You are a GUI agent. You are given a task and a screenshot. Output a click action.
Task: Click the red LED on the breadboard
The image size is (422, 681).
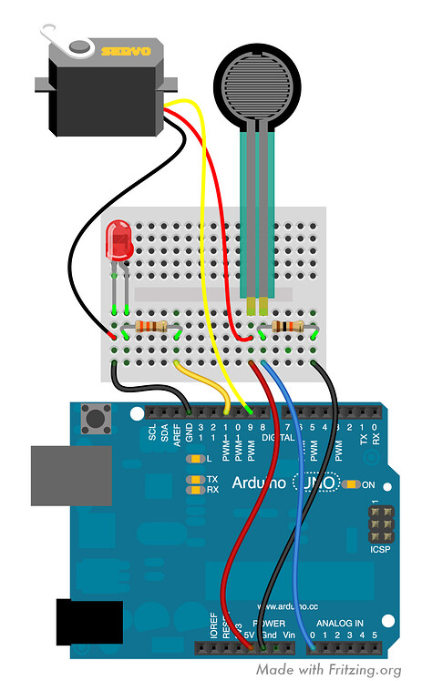point(118,239)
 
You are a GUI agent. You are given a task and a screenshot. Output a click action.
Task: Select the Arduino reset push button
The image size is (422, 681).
point(94,420)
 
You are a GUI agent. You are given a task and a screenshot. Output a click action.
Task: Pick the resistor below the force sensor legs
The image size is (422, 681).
point(287,327)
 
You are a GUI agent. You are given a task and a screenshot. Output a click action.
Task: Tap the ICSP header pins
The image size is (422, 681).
point(376,525)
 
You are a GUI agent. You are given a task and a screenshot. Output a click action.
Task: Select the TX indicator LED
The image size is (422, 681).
point(193,479)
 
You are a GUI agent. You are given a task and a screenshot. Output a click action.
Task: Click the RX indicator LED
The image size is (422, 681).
point(193,490)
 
